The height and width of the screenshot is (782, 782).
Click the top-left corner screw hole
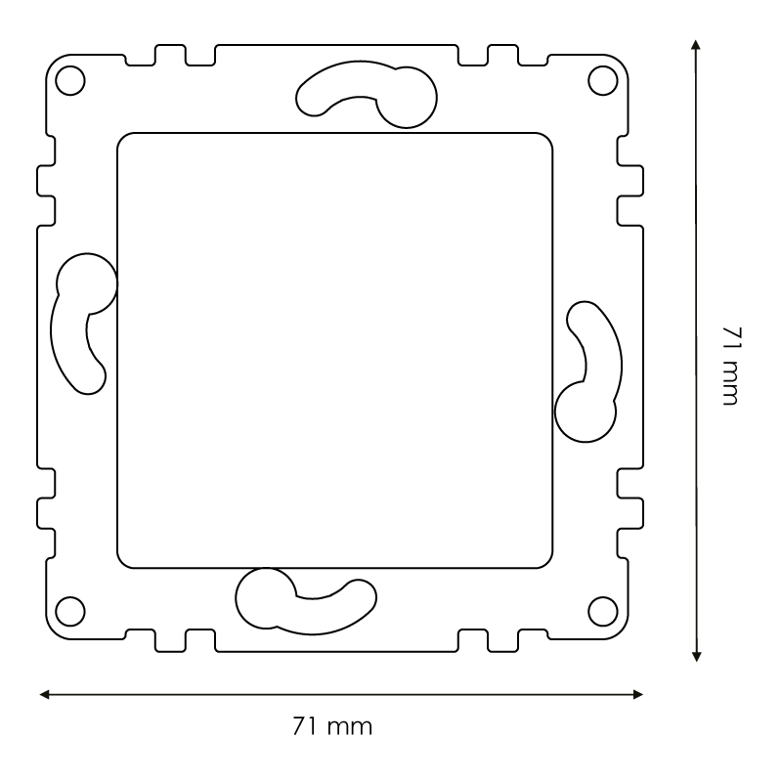coord(70,80)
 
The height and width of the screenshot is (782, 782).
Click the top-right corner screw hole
coord(603,80)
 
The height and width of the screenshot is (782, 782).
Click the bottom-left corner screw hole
coord(70,612)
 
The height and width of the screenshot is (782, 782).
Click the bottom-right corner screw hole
coord(603,612)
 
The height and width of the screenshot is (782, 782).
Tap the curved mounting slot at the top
coord(349,79)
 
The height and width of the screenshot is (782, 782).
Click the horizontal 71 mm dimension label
coord(332,726)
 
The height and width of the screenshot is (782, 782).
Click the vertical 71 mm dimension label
coord(732,366)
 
